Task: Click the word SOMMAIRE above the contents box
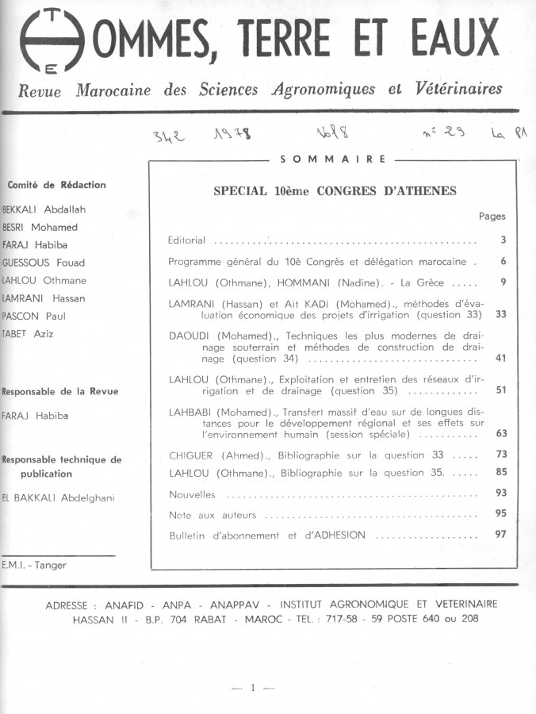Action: (333, 159)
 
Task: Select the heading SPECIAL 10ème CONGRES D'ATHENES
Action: (335, 191)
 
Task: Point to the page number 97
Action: (500, 534)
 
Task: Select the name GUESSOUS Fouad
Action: (44, 263)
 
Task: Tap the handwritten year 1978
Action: (233, 136)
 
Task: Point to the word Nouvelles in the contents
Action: (192, 494)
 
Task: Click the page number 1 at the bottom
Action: (253, 688)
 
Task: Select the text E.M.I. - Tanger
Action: (35, 565)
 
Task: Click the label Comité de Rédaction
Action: (56, 185)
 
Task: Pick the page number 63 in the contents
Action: (500, 433)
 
